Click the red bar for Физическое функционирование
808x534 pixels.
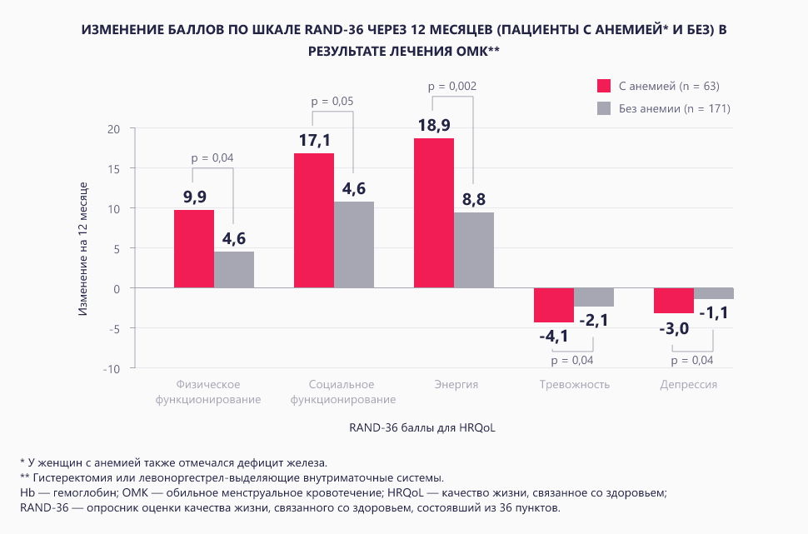[x=194, y=248]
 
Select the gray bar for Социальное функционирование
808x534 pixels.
[x=354, y=244]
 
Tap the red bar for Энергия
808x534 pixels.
[x=434, y=212]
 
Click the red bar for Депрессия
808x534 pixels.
[x=674, y=301]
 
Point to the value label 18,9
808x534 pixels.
[x=434, y=125]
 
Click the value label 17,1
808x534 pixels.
[x=314, y=140]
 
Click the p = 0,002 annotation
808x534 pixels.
[x=451, y=86]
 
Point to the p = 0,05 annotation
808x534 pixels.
[x=332, y=101]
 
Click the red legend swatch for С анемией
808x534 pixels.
[x=605, y=86]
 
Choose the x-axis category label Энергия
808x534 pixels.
[x=456, y=385]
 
